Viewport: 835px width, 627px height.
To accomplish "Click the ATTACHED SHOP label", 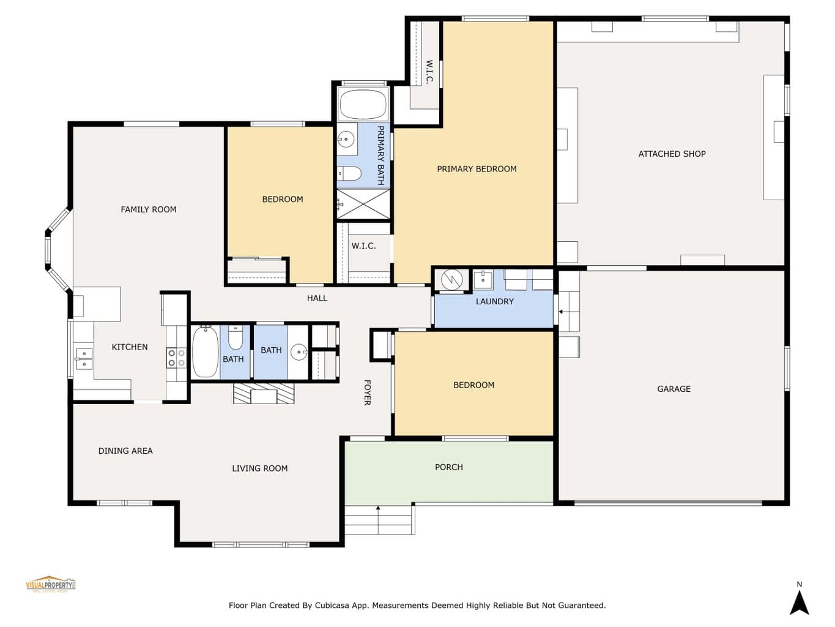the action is pyautogui.click(x=672, y=154).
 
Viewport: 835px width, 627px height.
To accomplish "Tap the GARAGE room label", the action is pyautogui.click(x=674, y=389).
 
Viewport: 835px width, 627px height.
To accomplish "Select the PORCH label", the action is pyautogui.click(x=448, y=467).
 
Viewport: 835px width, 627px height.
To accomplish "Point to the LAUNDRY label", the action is pyautogui.click(x=494, y=301).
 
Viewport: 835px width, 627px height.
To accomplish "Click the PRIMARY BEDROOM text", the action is pyautogui.click(x=477, y=169).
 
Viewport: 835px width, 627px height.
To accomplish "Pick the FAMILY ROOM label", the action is pyautogui.click(x=149, y=209).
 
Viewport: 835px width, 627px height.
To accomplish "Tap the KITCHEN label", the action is pyautogui.click(x=129, y=347).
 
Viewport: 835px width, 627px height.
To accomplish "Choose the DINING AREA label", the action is pyautogui.click(x=125, y=451).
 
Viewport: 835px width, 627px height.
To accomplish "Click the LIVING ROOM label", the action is pyautogui.click(x=259, y=468).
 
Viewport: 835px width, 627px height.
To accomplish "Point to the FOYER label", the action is pyautogui.click(x=367, y=392).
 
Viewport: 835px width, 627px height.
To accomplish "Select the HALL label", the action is pyautogui.click(x=317, y=298).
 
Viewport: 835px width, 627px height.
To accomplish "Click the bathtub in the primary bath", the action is pyautogui.click(x=363, y=104).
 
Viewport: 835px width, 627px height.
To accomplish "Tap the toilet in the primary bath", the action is pyautogui.click(x=349, y=174).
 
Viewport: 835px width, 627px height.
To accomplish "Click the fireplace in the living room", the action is pyautogui.click(x=264, y=393).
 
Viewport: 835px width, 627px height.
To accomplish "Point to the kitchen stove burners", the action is pyautogui.click(x=177, y=358).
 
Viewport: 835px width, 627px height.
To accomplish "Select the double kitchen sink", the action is pyautogui.click(x=84, y=359).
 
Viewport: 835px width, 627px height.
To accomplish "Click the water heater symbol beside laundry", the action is pyautogui.click(x=451, y=280).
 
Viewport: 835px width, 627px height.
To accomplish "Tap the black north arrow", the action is pyautogui.click(x=800, y=602).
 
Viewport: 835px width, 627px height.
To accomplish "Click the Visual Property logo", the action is pyautogui.click(x=51, y=584).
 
